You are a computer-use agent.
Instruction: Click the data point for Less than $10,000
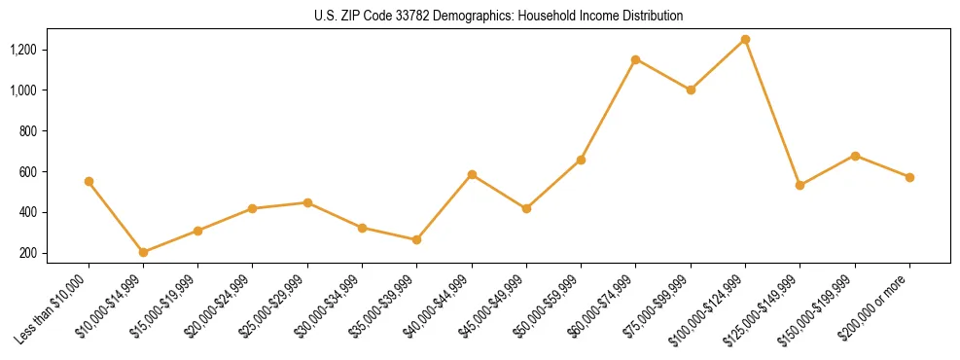(x=89, y=181)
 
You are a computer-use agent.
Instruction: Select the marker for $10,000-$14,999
(x=143, y=252)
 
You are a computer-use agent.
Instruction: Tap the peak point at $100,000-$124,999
(x=745, y=39)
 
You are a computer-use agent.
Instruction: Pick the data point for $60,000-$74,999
(x=635, y=59)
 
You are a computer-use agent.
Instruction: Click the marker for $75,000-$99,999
(x=691, y=90)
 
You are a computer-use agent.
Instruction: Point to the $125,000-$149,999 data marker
(x=800, y=185)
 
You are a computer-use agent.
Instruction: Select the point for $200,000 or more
(x=909, y=177)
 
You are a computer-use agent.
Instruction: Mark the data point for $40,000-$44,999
(x=472, y=174)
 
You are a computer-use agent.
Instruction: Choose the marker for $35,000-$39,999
(x=416, y=239)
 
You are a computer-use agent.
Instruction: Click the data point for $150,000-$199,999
(x=855, y=156)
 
